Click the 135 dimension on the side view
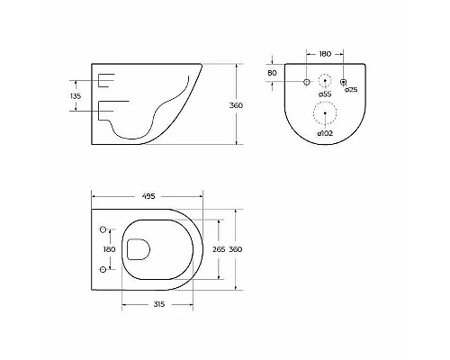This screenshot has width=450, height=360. (76, 95)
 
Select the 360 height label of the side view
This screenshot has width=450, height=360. (237, 105)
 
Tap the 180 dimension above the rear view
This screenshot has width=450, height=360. (325, 53)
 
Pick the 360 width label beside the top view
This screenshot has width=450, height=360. (237, 249)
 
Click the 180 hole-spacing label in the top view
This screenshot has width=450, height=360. (109, 249)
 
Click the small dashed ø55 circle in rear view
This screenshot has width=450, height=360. (325, 82)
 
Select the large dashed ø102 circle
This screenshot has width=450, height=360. (325, 113)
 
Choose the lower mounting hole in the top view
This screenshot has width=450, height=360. (102, 269)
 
